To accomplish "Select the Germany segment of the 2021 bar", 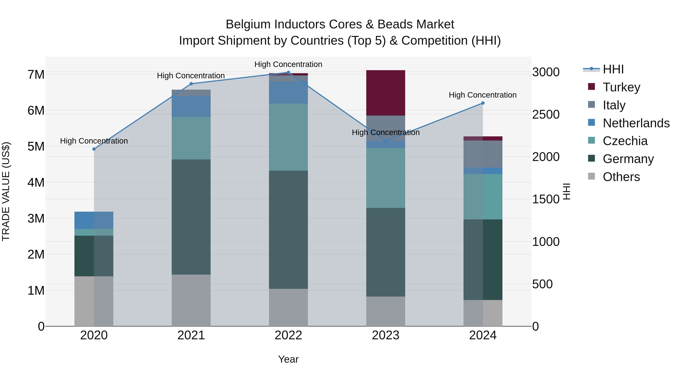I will (x=191, y=217).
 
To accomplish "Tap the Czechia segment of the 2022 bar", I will (x=288, y=137).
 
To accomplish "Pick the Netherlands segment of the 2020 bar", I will (x=94, y=220).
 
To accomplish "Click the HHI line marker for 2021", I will (x=191, y=84).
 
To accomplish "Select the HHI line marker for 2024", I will (x=483, y=103).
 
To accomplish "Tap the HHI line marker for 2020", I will (x=94, y=149).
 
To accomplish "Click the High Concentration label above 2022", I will (x=288, y=64).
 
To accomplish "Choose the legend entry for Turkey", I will (x=621, y=87).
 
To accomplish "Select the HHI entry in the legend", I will (x=613, y=69).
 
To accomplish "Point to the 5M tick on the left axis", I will (x=36, y=146).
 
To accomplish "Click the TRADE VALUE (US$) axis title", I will (x=6, y=191).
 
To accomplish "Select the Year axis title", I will (x=288, y=359).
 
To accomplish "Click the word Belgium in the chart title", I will (x=248, y=24).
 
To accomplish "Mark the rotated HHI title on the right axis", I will (x=566, y=191).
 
